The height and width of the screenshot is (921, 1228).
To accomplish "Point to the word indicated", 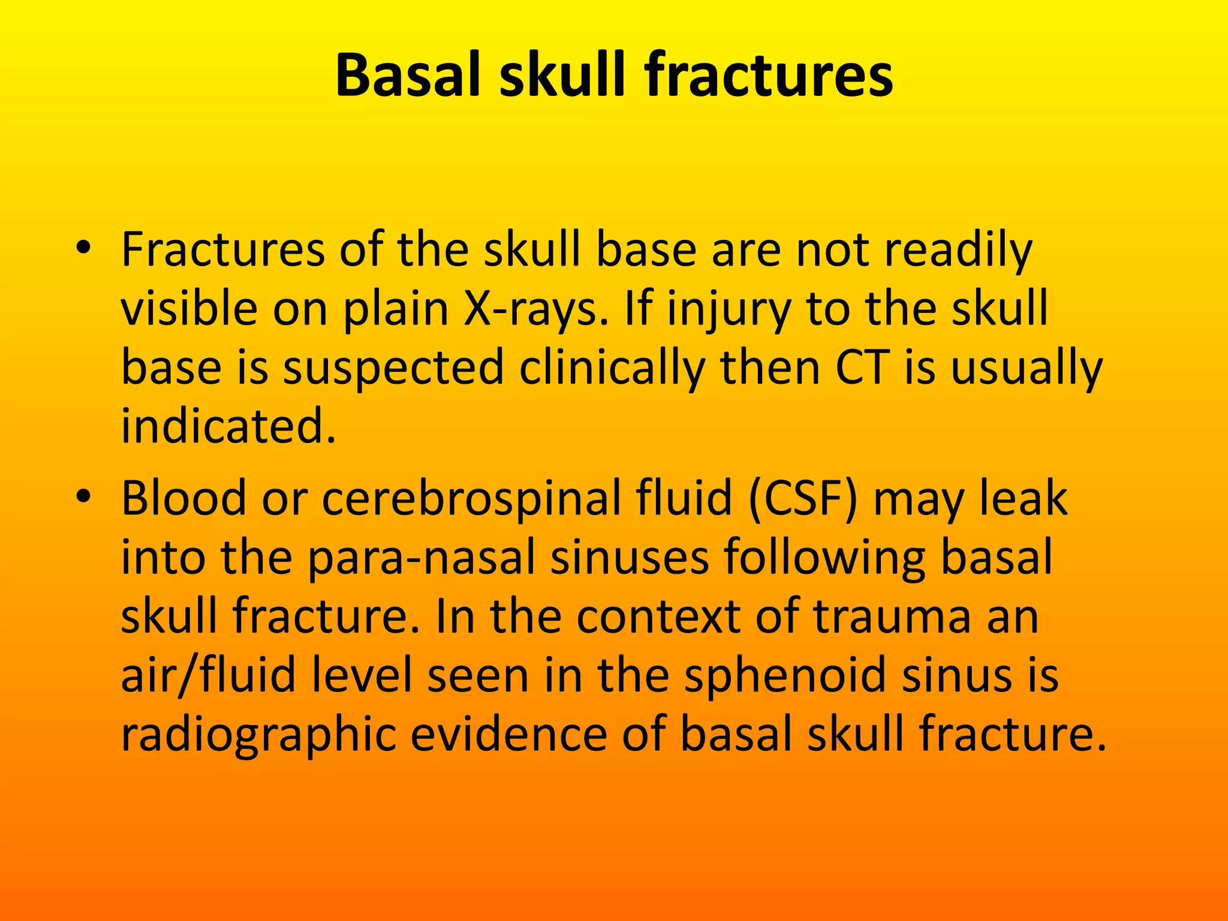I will click(228, 427).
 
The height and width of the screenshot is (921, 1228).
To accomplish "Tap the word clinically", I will click(612, 368).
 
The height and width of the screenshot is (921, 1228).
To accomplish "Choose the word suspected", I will click(393, 368).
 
